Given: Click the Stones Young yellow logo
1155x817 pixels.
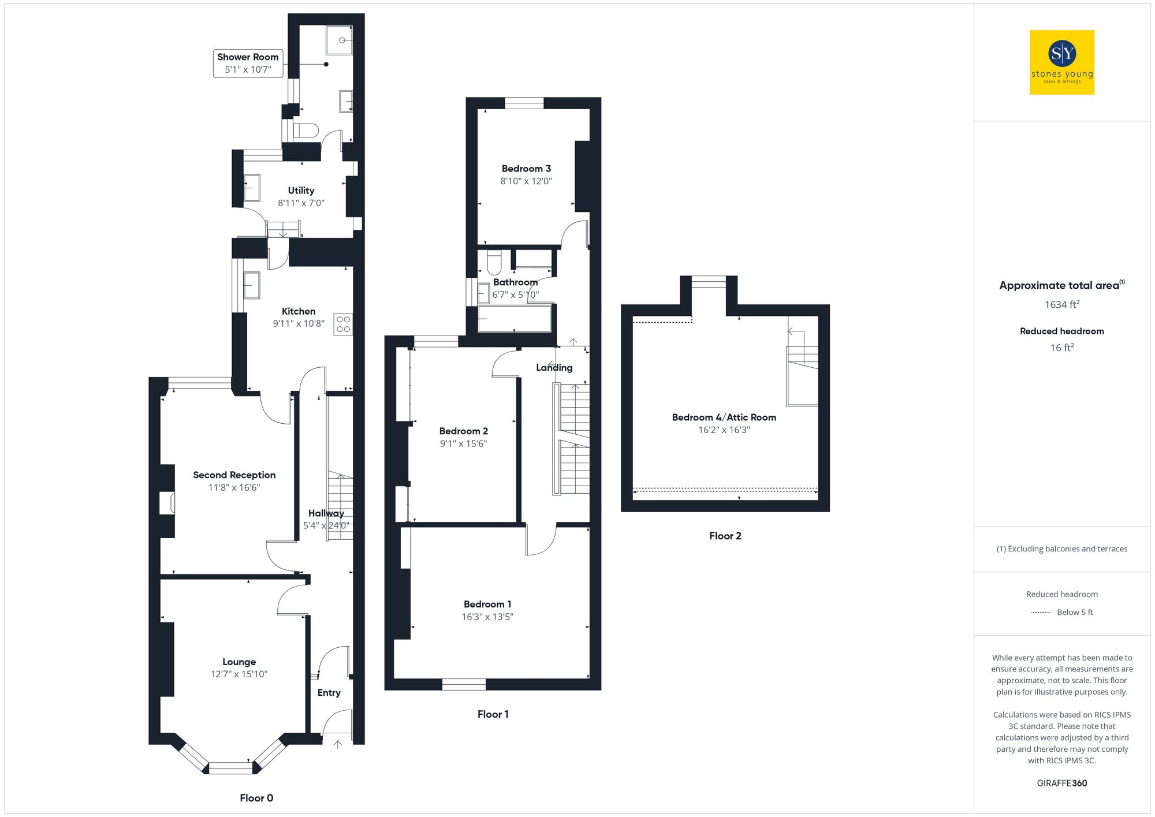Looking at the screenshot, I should (x=1061, y=62).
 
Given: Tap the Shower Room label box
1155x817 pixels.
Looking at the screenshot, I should (x=248, y=63).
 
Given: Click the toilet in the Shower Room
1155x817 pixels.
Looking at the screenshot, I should (x=305, y=130).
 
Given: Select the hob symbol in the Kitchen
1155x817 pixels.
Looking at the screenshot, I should (x=343, y=324).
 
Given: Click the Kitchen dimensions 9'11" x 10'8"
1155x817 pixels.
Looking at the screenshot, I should (x=299, y=323).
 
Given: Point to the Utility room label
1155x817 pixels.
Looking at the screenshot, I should (x=301, y=191).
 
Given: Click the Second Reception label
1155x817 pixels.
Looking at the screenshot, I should (x=234, y=475).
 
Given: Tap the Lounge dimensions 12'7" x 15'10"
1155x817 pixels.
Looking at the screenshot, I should (x=239, y=674).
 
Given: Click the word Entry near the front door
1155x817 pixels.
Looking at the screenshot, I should (x=329, y=692).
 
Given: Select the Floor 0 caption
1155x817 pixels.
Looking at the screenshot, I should (x=256, y=797).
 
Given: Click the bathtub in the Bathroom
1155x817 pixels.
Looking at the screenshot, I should (x=514, y=318).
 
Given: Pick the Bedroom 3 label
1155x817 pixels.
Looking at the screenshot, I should (x=526, y=169).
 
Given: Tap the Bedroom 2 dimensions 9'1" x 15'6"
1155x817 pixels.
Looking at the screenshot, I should (x=463, y=443).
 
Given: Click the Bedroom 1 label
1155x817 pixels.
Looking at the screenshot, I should (x=487, y=604).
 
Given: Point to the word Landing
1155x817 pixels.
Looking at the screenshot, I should (x=554, y=367).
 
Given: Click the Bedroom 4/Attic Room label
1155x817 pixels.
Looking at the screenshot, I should (x=724, y=417).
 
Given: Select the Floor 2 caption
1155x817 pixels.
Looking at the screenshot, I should (x=725, y=535).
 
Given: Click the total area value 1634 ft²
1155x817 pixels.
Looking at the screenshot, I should (x=1061, y=304).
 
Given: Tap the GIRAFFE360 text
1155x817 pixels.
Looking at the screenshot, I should (x=1061, y=783).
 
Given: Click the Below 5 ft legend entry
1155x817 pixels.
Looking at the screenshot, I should (x=1074, y=612).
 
